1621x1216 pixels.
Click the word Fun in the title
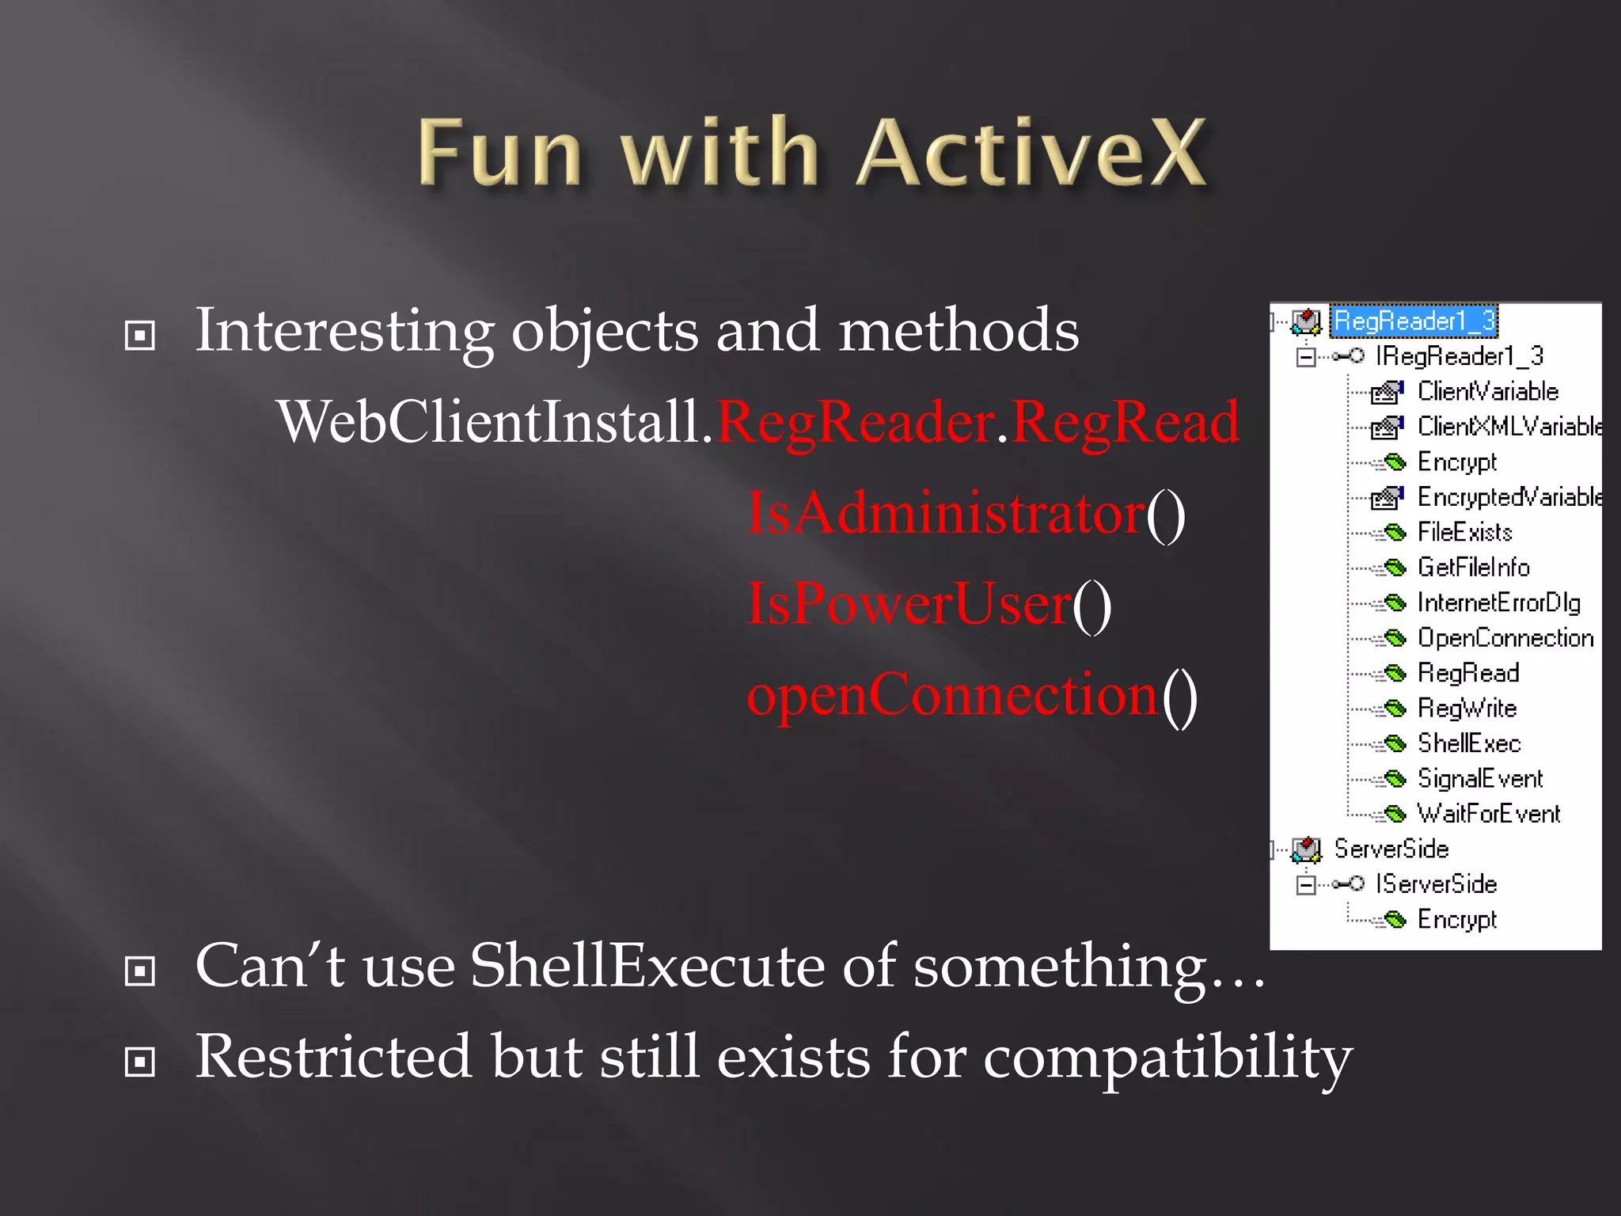(500, 152)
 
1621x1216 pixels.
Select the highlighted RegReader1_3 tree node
(1414, 321)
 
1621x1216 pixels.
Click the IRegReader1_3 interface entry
(1459, 356)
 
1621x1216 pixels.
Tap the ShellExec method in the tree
(1468, 743)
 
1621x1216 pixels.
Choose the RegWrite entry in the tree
(1467, 708)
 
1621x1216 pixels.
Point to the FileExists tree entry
(1464, 532)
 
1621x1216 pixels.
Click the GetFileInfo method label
(1473, 568)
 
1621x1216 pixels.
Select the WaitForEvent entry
(1488, 814)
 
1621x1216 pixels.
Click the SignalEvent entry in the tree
(1479, 779)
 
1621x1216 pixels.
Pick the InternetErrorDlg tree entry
(1498, 602)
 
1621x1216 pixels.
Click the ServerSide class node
(1391, 849)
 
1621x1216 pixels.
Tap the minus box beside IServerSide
(1306, 884)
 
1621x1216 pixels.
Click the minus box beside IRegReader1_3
(1306, 357)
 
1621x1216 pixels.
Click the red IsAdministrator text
(946, 513)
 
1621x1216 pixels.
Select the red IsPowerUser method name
(909, 604)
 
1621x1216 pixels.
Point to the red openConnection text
(952, 694)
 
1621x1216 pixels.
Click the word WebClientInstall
(489, 422)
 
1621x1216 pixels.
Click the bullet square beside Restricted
(140, 1062)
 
